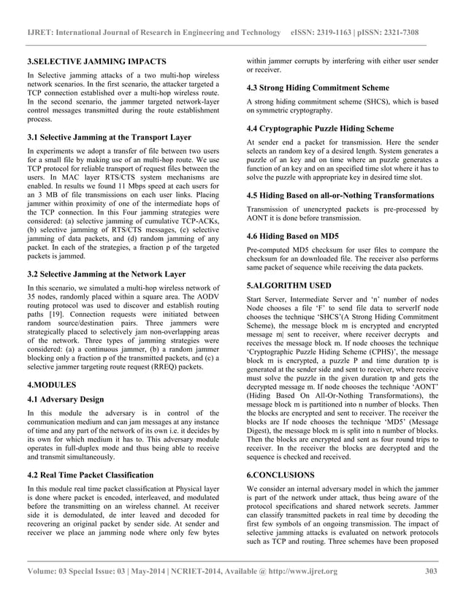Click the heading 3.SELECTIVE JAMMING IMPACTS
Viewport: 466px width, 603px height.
point(96,61)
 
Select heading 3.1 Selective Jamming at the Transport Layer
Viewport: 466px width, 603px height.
point(109,137)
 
